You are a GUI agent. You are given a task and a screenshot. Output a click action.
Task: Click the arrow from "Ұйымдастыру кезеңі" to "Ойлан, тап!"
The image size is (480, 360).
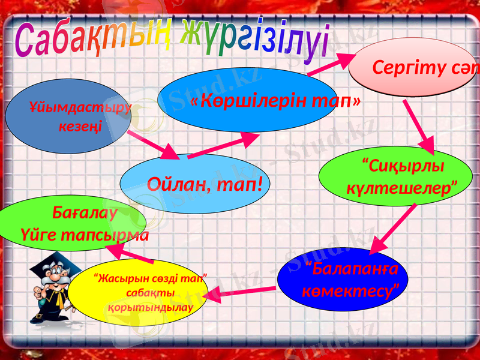pyautogui.click(x=153, y=145)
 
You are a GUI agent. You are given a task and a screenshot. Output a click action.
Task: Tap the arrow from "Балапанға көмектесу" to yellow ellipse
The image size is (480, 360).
pyautogui.click(x=240, y=292)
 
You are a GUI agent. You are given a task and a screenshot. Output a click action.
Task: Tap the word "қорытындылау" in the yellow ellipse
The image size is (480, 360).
pyautogui.click(x=150, y=307)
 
